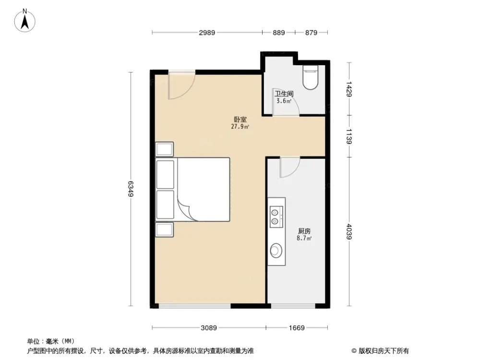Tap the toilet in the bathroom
tap(310, 78)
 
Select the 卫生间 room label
tap(284, 94)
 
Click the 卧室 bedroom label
tap(240, 120)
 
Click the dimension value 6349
tap(130, 188)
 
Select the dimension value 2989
tap(207, 33)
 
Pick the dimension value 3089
tap(209, 328)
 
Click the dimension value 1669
tap(297, 328)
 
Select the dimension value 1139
tap(349, 136)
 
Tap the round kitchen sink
tap(276, 250)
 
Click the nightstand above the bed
tap(164, 149)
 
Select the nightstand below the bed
tap(164, 229)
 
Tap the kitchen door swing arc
tap(290, 168)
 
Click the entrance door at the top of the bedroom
tap(181, 85)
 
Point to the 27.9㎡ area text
tap(240, 127)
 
